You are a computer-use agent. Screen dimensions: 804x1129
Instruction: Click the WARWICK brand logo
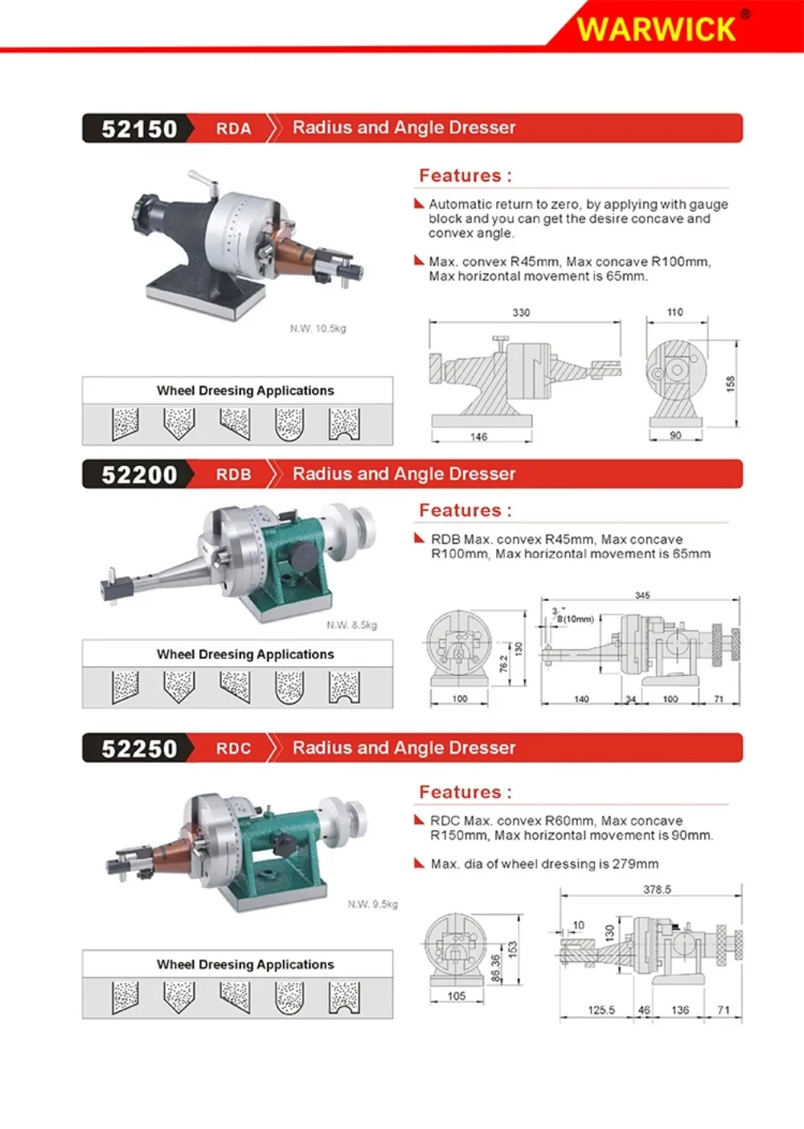[656, 29]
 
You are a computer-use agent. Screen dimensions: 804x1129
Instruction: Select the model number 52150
[139, 129]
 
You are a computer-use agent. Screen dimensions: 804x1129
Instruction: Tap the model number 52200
[139, 475]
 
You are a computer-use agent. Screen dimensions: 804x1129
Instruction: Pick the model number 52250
[139, 748]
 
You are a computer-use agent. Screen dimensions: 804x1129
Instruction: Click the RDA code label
[233, 129]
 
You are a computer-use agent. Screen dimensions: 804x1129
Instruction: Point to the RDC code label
[233, 748]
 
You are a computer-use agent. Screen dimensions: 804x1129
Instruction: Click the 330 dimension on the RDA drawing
[521, 313]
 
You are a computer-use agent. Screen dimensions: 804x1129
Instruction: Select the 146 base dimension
[478, 436]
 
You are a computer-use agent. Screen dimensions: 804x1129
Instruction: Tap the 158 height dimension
[731, 383]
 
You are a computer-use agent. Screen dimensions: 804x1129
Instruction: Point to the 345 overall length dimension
[642, 595]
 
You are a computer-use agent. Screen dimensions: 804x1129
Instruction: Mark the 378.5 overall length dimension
[657, 890]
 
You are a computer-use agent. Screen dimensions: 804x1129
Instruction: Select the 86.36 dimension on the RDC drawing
[496, 968]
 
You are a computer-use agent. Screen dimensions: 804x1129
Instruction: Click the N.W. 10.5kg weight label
[318, 329]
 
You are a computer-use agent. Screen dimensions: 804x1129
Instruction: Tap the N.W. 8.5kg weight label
[351, 625]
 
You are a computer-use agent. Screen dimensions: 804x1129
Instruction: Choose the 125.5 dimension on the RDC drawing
[601, 1009]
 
